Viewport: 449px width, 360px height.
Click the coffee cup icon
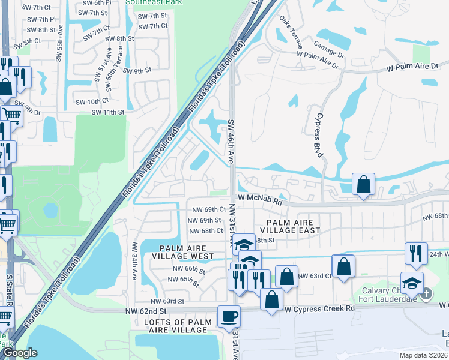coord(228,316)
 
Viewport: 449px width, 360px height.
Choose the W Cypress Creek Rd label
coord(320,308)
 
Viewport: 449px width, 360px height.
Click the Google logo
coord(20,353)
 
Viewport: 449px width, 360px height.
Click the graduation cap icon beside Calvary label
coord(412,283)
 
